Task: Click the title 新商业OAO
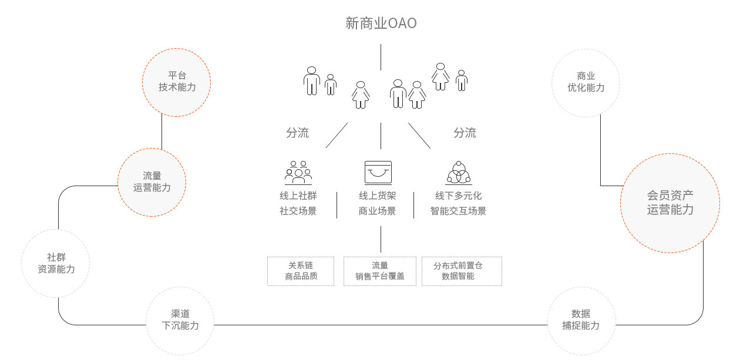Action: (x=381, y=23)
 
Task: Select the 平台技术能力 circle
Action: (x=177, y=82)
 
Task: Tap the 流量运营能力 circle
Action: (x=152, y=181)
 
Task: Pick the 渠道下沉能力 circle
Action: (x=180, y=319)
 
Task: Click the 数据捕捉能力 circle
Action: (x=581, y=319)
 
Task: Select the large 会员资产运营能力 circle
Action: (x=670, y=203)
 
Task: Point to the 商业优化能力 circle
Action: (x=586, y=82)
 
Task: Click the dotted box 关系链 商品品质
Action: (x=301, y=271)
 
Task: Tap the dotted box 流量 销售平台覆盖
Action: (x=380, y=271)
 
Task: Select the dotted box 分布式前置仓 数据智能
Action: (x=462, y=271)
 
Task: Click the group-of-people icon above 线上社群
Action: (x=298, y=172)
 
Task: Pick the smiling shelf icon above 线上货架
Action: (x=378, y=172)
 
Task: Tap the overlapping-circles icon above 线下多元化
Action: (x=458, y=172)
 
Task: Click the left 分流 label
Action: (x=297, y=133)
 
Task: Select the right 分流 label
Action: (x=465, y=133)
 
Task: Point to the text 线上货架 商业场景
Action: (x=378, y=203)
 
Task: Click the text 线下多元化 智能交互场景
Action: (x=458, y=203)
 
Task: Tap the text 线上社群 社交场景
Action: (x=298, y=203)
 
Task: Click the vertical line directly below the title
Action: (x=381, y=56)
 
